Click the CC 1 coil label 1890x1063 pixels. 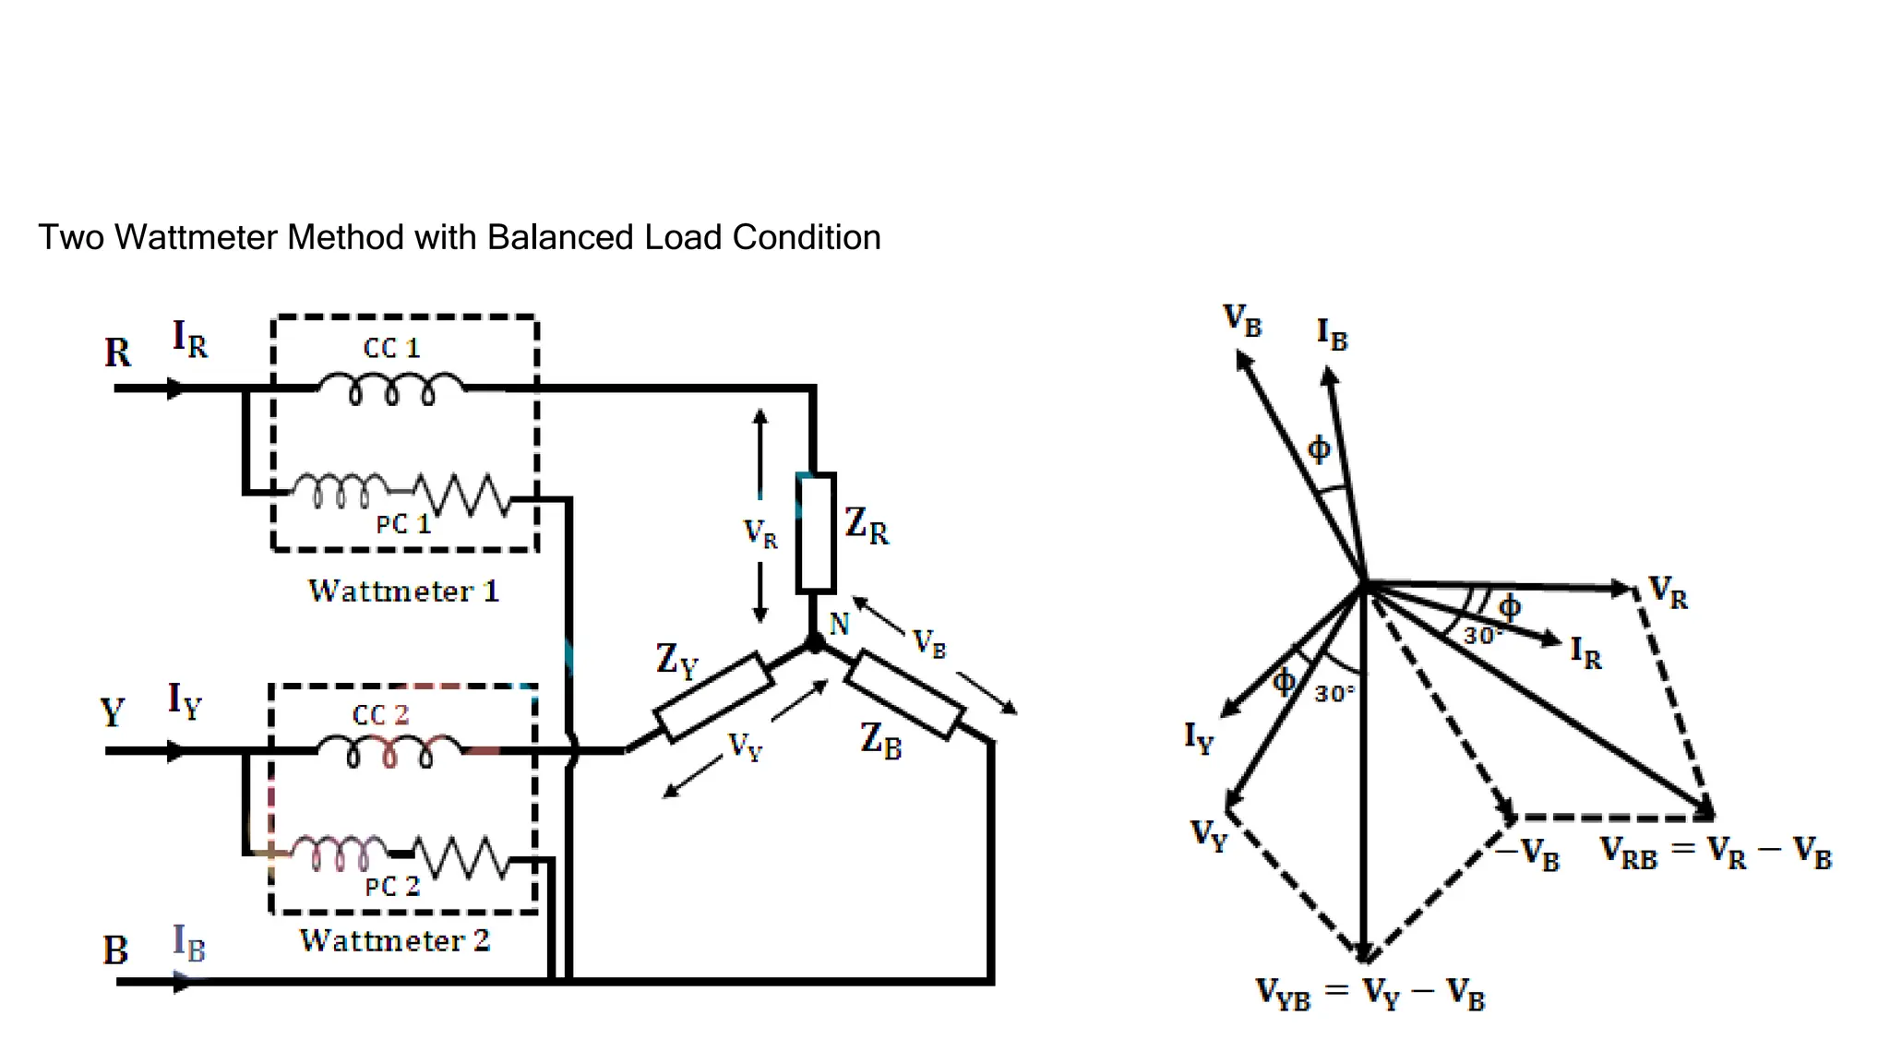click(x=391, y=348)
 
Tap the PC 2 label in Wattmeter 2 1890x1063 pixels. click(x=392, y=887)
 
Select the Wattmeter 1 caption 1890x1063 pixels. click(x=403, y=591)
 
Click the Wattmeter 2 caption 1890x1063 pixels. click(x=395, y=940)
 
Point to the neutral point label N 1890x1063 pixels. click(x=839, y=625)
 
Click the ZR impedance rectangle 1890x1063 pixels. click(x=816, y=532)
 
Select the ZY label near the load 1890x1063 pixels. click(x=676, y=661)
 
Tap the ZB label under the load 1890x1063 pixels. click(x=880, y=740)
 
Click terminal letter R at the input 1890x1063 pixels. click(x=117, y=352)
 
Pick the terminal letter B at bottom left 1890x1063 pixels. click(x=115, y=950)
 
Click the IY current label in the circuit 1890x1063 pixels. click(x=184, y=700)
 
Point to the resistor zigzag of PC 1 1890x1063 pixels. click(x=461, y=495)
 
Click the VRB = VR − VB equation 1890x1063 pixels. click(x=1715, y=854)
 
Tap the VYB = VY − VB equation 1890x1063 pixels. click(x=1370, y=994)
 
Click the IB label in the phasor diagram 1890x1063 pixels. click(x=1332, y=334)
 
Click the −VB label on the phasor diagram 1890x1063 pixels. click(x=1527, y=854)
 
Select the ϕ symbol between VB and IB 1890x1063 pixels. click(x=1319, y=449)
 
